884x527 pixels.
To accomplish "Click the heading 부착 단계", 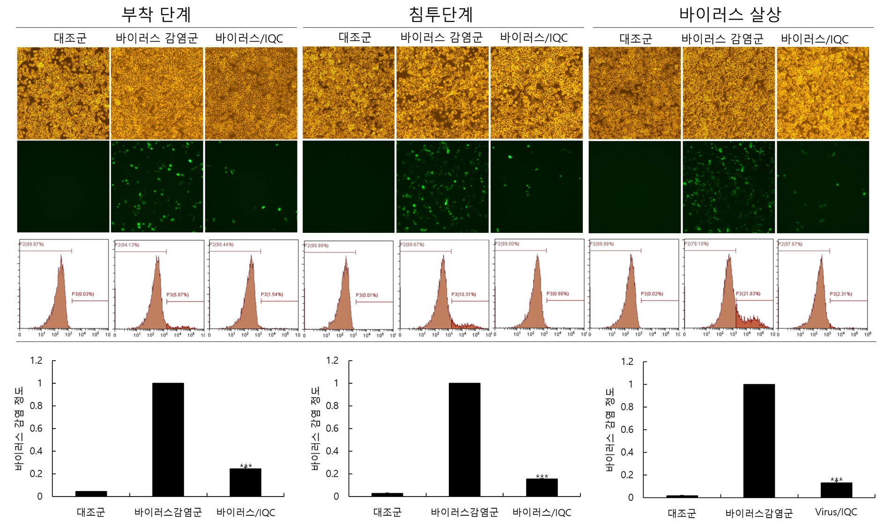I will tap(156, 14).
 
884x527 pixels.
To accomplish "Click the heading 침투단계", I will tap(441, 14).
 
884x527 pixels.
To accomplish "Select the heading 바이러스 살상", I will tap(730, 14).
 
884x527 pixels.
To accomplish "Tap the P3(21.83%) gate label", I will tap(748, 294).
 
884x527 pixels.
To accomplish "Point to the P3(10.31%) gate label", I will tap(463, 294).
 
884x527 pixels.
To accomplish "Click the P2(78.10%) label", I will tap(696, 244).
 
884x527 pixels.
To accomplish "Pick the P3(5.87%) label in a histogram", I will tap(178, 295).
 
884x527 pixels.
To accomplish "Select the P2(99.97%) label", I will tap(32, 244).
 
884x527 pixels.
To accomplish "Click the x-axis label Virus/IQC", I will tap(836, 512).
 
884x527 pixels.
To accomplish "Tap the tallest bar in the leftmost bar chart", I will tap(168, 439).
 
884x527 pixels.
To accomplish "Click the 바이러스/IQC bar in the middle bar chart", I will tap(542, 487).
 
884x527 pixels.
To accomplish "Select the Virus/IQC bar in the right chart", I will tap(836, 490).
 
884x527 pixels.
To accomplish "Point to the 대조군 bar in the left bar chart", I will tap(91, 493).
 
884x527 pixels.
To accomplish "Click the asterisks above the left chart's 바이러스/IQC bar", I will tap(245, 466).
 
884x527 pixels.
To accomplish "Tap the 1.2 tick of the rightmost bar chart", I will tap(627, 361).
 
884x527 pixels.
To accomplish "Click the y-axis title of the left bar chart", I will tap(19, 428).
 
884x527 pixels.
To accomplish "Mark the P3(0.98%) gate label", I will tap(557, 294).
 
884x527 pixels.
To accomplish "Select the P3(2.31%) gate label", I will tap(841, 294).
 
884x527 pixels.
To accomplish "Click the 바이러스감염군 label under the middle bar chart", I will tap(464, 512).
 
